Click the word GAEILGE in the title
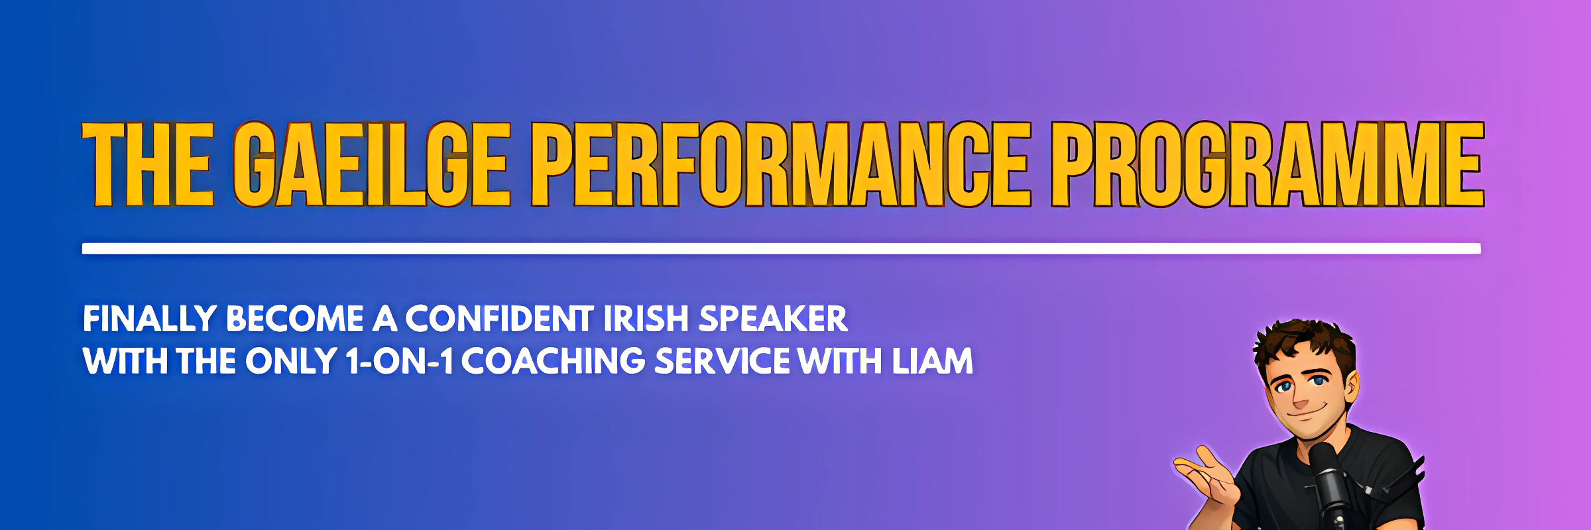[x=372, y=164]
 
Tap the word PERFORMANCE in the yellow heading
[x=782, y=164]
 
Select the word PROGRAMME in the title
[x=1267, y=164]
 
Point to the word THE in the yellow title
[x=148, y=164]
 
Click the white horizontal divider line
[x=782, y=248]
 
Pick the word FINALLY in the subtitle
[x=150, y=319]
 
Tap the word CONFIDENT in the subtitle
[x=499, y=319]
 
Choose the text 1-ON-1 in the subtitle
[x=400, y=361]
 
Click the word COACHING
[x=554, y=361]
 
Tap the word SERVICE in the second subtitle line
[x=722, y=361]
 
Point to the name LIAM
[x=932, y=361]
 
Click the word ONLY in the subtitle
[x=291, y=361]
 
